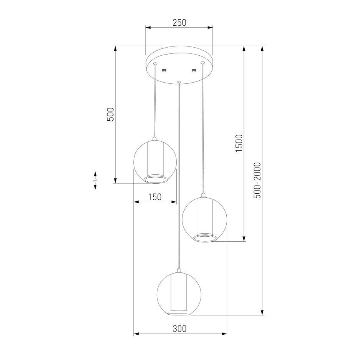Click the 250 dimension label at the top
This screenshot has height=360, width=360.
[179, 23]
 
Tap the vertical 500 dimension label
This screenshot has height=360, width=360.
[110, 114]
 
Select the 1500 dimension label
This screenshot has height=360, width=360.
[239, 143]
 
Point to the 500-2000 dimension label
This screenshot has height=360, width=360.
[257, 180]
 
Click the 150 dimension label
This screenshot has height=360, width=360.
[155, 197]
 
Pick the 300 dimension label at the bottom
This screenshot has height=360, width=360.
[179, 329]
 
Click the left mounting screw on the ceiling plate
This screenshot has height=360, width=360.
[164, 70]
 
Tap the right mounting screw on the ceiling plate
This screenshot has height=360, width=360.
[194, 70]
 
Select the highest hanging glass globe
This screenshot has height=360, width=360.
[155, 162]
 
